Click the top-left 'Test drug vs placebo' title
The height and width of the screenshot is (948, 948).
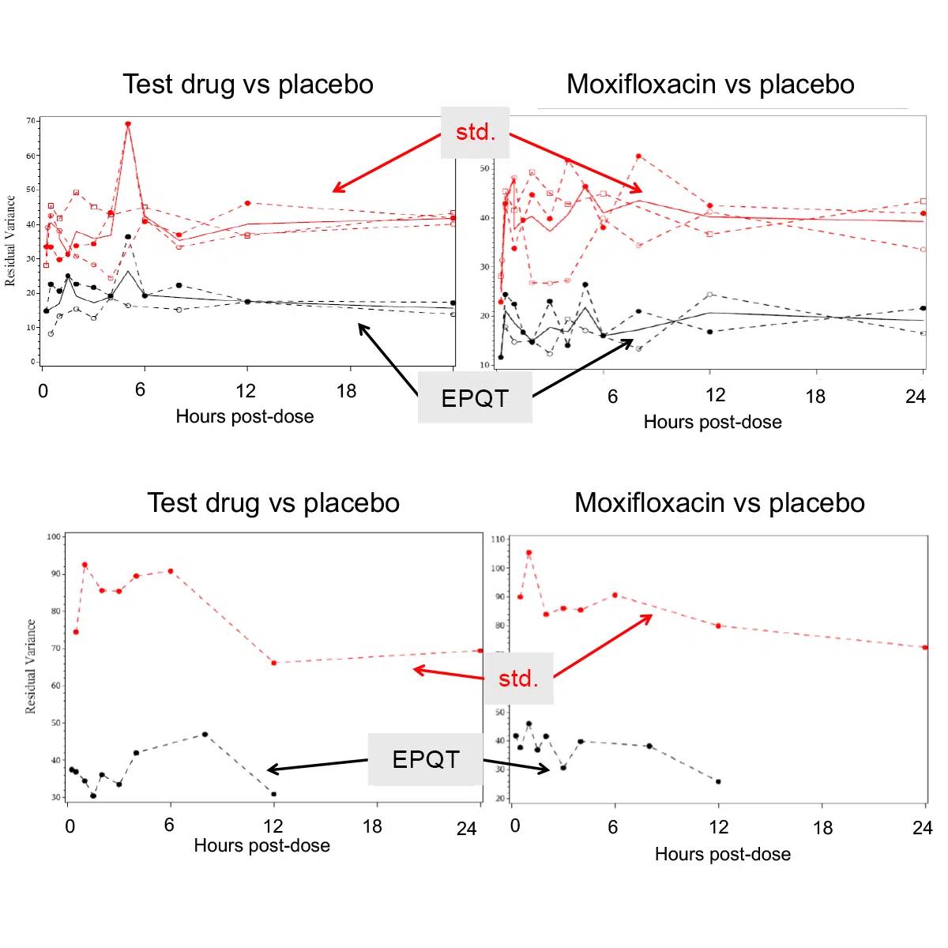pos(248,85)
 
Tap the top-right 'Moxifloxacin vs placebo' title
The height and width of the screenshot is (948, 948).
pos(710,85)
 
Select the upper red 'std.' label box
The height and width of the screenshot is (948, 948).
pos(476,131)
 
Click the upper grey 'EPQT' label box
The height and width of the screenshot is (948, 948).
pos(474,398)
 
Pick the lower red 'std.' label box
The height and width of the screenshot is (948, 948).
pos(518,678)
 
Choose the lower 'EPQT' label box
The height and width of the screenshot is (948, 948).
pos(425,759)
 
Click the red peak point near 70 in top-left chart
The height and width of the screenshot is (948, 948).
pos(128,124)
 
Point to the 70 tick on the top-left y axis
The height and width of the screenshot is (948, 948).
pos(31,121)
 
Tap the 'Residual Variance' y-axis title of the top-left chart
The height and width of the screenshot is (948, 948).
pos(11,241)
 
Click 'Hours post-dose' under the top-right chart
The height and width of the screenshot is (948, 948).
pos(713,422)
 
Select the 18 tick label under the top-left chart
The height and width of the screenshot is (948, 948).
pos(347,391)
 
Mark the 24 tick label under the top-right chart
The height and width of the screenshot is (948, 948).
pos(915,396)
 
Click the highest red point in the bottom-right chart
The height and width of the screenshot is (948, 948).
pos(529,553)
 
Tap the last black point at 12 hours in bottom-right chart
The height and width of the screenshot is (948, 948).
pos(718,781)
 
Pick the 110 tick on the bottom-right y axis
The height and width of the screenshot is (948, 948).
pos(498,539)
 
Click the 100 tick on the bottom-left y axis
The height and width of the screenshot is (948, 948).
pos(54,536)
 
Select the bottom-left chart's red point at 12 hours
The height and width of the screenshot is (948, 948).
pos(273,663)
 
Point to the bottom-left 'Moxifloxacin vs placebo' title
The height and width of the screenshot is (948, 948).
pos(720,502)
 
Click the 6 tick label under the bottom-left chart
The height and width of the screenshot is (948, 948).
pos(169,826)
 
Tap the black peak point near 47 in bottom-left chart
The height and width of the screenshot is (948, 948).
pos(205,734)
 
